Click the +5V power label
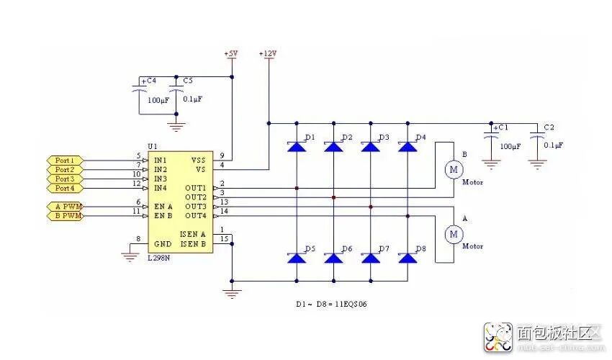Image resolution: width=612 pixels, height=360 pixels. [231, 54]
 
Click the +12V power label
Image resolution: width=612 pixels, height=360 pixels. [269, 54]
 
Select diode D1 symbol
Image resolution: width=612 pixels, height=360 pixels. [296, 146]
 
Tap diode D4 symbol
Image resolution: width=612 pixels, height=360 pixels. [408, 146]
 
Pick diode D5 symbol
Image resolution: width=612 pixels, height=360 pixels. [296, 257]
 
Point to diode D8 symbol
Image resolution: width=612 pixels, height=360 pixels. [408, 257]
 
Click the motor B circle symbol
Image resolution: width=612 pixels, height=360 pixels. [454, 169]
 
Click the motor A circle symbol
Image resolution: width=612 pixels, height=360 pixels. [454, 234]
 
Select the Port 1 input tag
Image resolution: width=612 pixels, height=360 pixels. [64, 160]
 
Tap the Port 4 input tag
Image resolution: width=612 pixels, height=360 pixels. [64, 188]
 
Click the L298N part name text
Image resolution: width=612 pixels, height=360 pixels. [160, 258]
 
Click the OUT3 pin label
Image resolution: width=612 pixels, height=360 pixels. [196, 207]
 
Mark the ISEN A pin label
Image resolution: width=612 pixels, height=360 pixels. [193, 234]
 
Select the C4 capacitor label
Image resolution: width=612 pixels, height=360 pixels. [148, 81]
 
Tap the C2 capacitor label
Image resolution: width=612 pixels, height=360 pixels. [549, 127]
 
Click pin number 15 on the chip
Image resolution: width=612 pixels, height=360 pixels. [225, 238]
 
